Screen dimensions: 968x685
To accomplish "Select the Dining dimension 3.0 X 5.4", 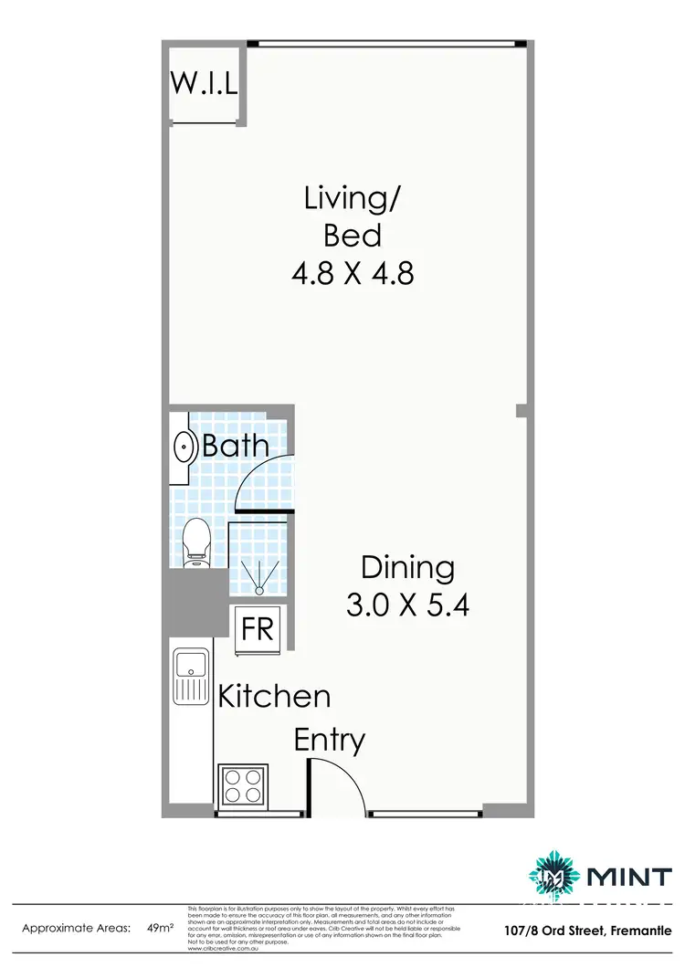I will click(407, 605).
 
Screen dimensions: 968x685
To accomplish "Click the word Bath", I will click(236, 447).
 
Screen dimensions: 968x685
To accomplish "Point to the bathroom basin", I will click(184, 448).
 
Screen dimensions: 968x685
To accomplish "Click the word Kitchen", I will click(273, 697).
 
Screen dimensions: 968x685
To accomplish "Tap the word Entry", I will click(330, 739).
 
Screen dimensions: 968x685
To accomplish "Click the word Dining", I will click(407, 567).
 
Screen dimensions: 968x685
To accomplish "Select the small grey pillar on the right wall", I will click(521, 411).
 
